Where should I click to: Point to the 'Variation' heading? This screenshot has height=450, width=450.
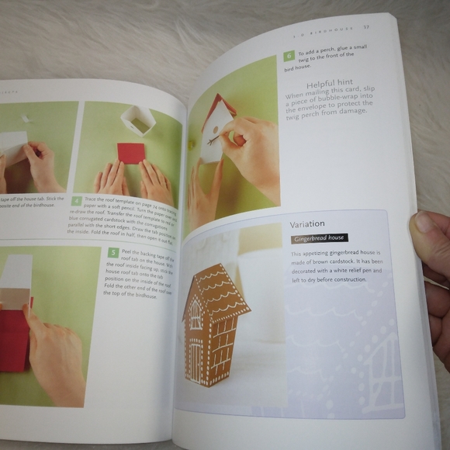pyautogui.click(x=307, y=224)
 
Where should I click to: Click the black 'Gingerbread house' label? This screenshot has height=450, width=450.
pyautogui.click(x=319, y=238)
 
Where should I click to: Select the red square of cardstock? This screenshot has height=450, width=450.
pyautogui.click(x=131, y=153)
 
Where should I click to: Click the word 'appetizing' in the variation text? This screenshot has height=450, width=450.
pyautogui.click(x=319, y=254)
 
